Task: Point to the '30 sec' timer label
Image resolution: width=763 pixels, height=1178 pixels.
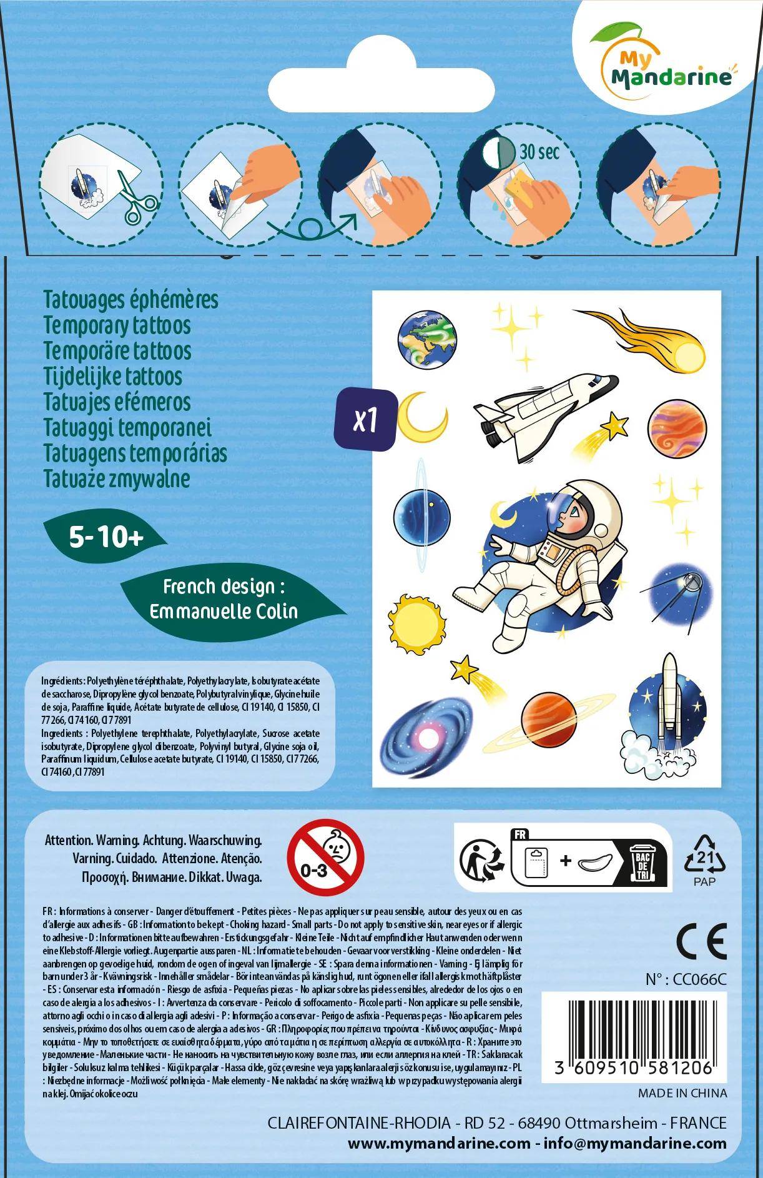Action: tap(538, 152)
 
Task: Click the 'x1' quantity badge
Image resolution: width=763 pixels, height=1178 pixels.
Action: tap(365, 420)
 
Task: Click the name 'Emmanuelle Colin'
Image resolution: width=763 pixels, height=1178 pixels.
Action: tap(224, 610)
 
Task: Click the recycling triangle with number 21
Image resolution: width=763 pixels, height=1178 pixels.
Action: tap(704, 856)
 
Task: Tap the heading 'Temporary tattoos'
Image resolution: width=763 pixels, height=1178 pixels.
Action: tap(117, 326)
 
